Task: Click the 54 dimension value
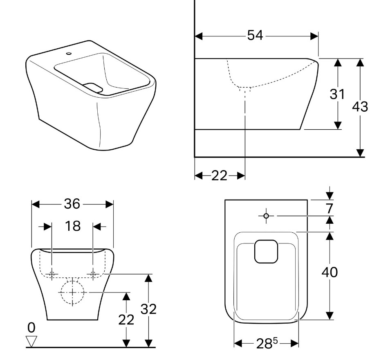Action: coord(255,36)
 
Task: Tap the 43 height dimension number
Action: coord(360,106)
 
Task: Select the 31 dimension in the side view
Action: coord(337,94)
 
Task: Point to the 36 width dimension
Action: coord(72,204)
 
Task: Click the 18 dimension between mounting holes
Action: coord(73,226)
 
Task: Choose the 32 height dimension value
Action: coord(148,309)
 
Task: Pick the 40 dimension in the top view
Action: coord(330,272)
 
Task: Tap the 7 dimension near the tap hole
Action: coord(329,208)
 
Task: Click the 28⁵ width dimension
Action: coord(267,344)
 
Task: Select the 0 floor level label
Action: coord(31,328)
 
